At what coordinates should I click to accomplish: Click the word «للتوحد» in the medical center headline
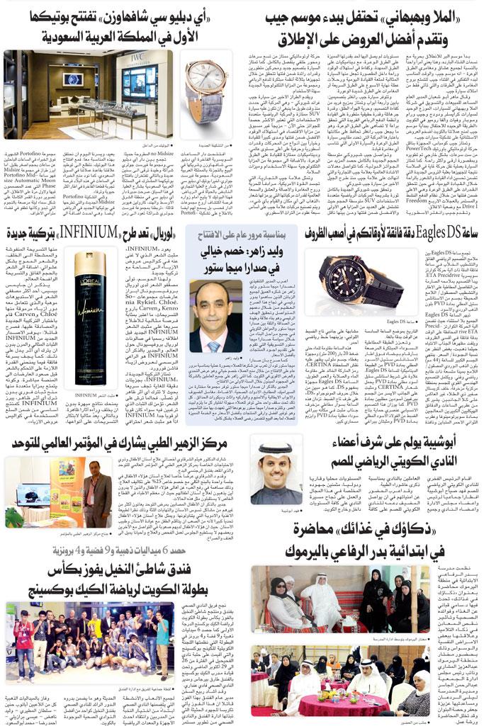click(28, 444)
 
